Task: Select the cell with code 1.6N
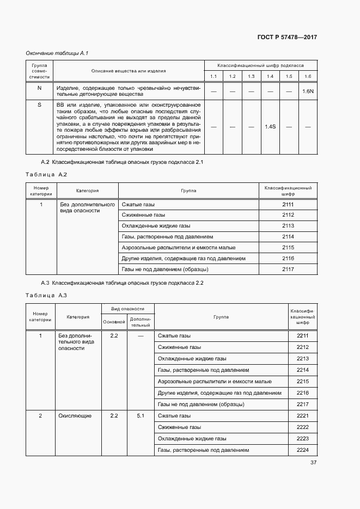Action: click(x=308, y=91)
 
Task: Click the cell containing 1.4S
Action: click(x=270, y=126)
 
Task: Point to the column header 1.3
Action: click(x=251, y=76)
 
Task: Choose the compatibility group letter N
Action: click(x=39, y=88)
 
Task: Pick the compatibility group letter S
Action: click(x=39, y=105)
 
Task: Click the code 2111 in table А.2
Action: click(x=288, y=204)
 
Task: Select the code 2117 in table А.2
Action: click(x=288, y=269)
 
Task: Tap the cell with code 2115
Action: click(x=288, y=247)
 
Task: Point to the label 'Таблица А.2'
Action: click(x=46, y=174)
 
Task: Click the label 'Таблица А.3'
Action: click(x=46, y=296)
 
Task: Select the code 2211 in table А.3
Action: click(x=303, y=336)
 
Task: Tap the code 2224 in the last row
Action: click(x=303, y=450)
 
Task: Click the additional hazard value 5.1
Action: click(x=141, y=416)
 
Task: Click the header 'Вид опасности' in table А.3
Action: click(x=128, y=308)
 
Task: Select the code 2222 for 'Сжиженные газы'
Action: click(x=303, y=427)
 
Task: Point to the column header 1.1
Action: click(x=213, y=76)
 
